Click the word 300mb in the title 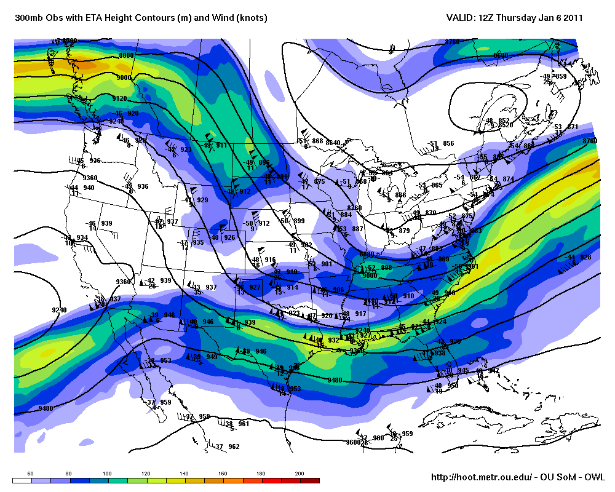point(28,18)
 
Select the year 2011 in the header point(573,18)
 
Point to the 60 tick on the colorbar point(31,474)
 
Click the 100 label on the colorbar point(108,474)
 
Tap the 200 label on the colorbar point(300,474)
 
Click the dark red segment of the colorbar point(310,480)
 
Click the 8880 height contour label point(127,56)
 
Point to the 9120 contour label point(119,98)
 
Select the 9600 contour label point(353,442)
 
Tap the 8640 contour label point(333,143)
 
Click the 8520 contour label point(506,125)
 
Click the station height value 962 point(234,446)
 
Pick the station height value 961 point(244,424)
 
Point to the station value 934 point(82,238)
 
